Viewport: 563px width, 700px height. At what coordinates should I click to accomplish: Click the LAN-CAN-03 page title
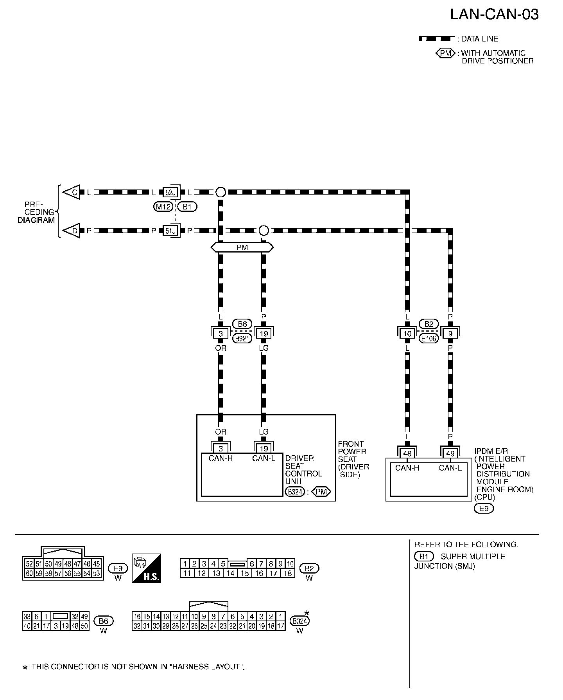(x=494, y=14)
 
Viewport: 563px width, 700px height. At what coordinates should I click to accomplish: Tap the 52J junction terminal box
(x=170, y=192)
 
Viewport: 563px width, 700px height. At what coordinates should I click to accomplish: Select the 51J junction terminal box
(x=170, y=231)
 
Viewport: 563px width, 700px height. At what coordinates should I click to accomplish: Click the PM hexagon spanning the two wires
(x=242, y=247)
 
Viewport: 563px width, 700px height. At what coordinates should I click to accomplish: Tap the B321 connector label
(x=242, y=339)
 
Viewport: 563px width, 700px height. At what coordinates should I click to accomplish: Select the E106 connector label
(x=429, y=339)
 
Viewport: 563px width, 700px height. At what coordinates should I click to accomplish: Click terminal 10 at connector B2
(x=407, y=334)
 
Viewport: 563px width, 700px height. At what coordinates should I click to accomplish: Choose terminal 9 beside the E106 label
(x=450, y=334)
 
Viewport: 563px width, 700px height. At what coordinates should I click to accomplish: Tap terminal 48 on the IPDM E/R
(x=407, y=453)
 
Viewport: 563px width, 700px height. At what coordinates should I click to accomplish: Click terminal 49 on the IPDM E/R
(x=450, y=453)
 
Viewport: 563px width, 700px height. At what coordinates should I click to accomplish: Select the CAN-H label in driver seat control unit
(x=221, y=458)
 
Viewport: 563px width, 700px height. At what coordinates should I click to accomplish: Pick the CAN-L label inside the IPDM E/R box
(x=450, y=468)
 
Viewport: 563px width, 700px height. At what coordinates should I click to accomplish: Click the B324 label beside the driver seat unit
(x=295, y=492)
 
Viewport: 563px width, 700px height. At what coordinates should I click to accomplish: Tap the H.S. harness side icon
(x=147, y=568)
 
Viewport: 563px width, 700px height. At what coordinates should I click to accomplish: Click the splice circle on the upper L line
(x=221, y=192)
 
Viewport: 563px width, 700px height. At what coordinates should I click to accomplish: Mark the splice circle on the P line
(x=264, y=230)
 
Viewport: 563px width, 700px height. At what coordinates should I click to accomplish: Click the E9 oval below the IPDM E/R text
(x=484, y=509)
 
